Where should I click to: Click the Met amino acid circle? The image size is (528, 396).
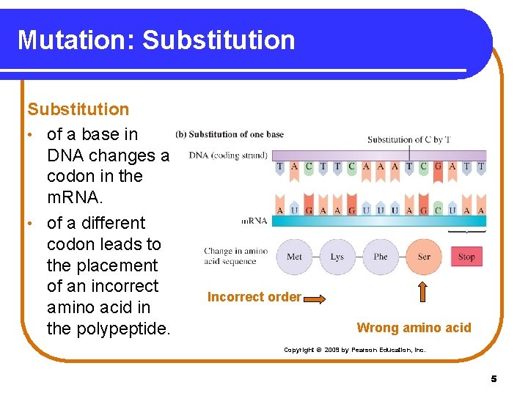295,257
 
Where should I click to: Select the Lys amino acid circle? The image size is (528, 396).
337,257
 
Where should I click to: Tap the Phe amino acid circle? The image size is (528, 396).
381,257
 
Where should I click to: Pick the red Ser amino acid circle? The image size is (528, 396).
424,257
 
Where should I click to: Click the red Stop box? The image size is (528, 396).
466,257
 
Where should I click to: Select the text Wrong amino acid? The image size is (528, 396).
414,328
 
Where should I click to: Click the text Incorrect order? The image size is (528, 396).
254,297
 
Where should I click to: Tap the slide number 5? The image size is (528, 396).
494,379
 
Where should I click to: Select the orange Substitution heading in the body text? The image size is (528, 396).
78,109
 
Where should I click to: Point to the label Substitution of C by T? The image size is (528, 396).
409,139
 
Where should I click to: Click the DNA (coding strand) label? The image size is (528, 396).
228,155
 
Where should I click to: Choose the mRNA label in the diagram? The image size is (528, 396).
254,221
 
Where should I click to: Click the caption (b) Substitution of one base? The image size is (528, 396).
230,134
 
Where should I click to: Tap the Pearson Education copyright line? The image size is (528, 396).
354,350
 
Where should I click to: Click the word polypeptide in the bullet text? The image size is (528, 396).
108,329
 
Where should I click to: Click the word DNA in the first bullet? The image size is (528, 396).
65,155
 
